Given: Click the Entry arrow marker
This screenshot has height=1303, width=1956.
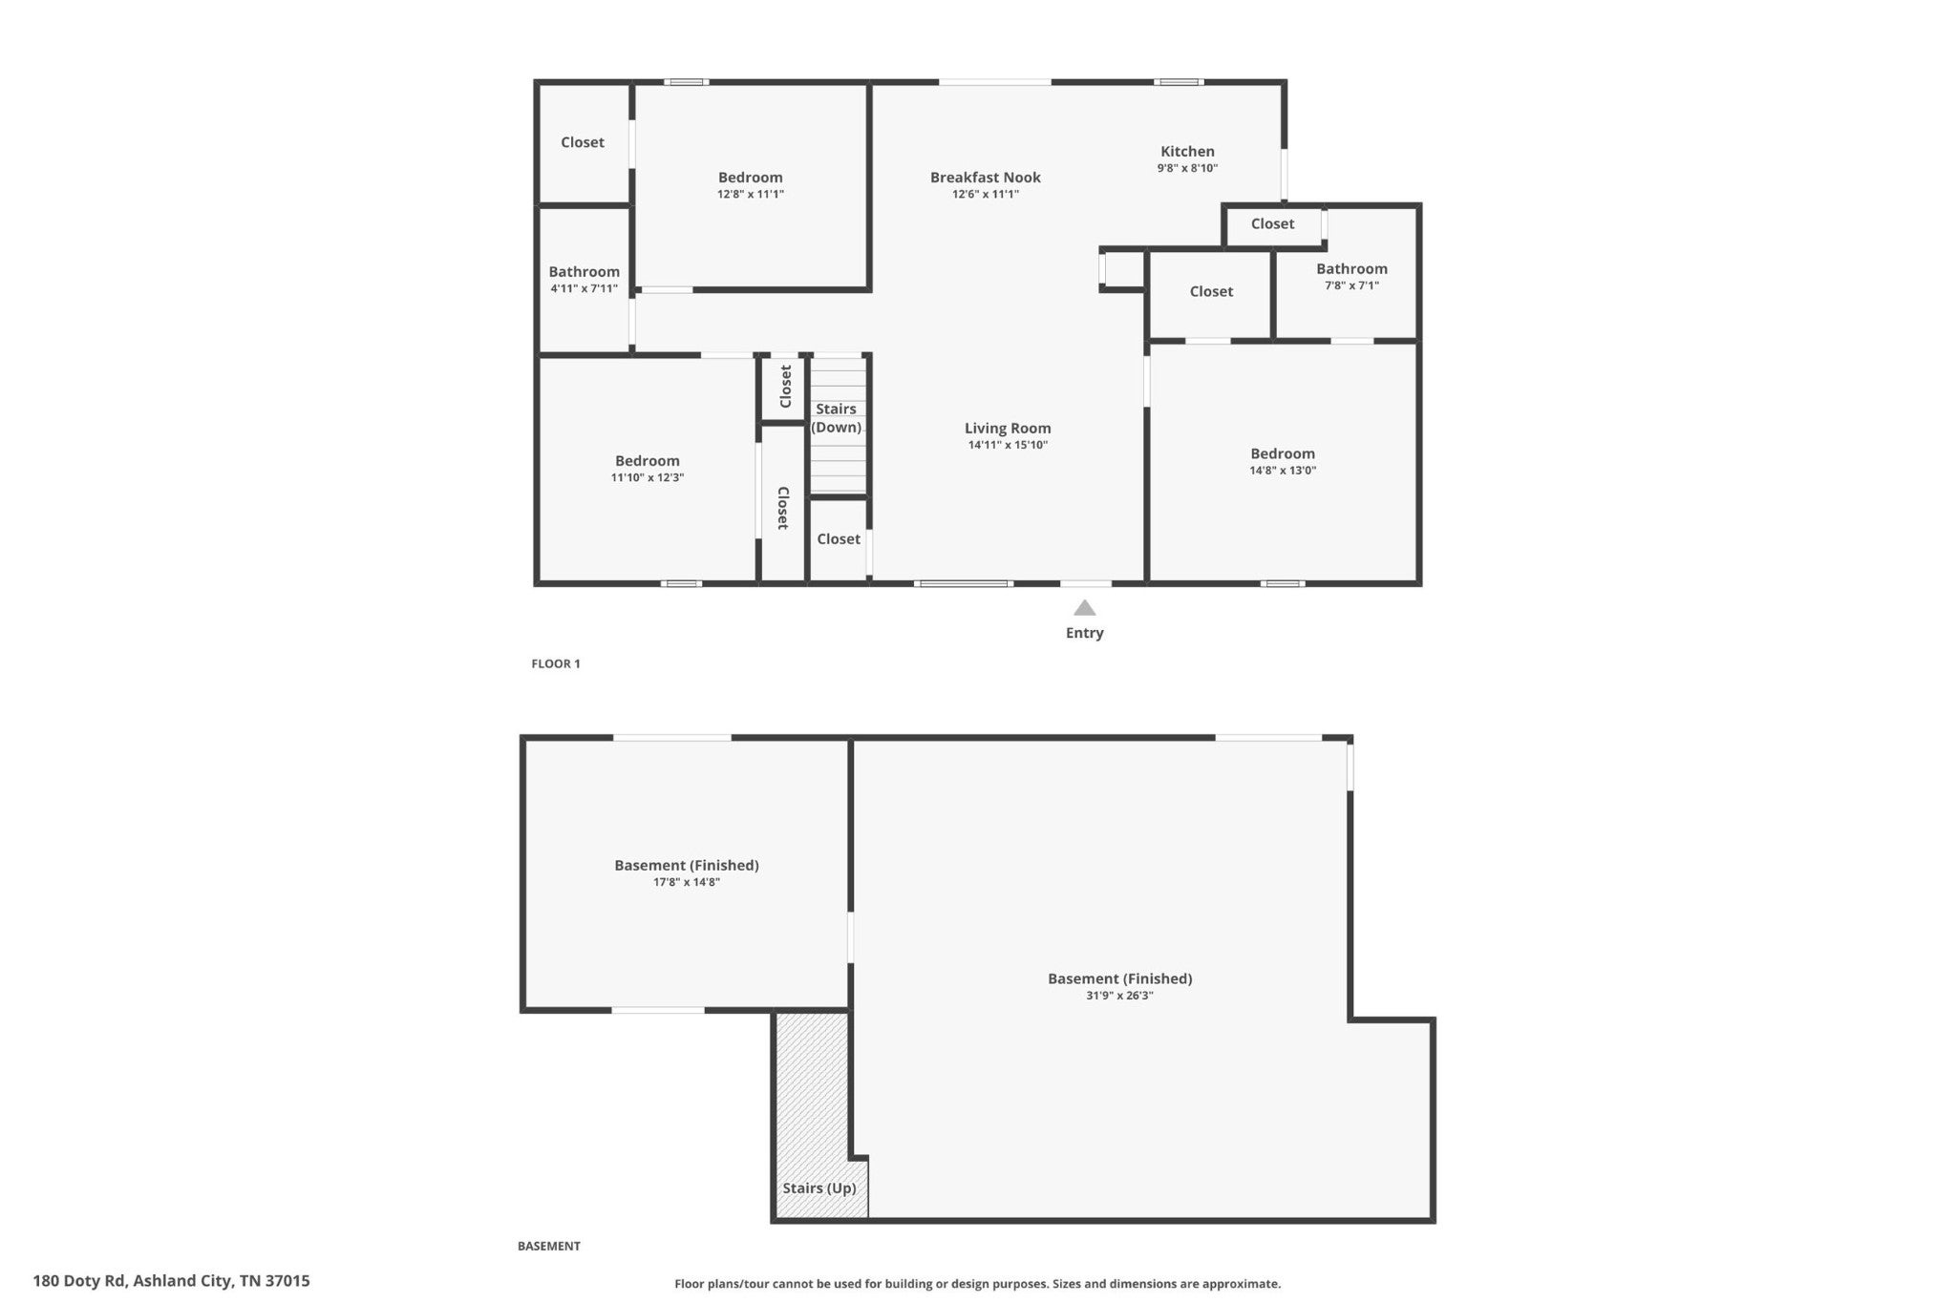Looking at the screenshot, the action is tap(1084, 607).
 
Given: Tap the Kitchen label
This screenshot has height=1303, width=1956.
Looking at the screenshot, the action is tap(1187, 151).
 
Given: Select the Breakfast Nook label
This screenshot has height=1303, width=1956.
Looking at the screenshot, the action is tap(986, 177).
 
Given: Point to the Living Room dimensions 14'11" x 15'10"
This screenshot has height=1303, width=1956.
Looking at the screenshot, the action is tap(1008, 445).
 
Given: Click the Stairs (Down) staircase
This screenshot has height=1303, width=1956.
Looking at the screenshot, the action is tap(839, 425).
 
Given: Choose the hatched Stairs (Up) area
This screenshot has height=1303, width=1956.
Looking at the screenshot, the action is tap(812, 1115).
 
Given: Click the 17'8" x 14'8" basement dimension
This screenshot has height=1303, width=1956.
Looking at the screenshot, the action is tap(687, 883).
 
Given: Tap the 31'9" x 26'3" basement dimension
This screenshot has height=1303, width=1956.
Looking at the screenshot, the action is tap(1119, 996).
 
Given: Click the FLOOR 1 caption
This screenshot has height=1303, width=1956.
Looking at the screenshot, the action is tap(556, 663).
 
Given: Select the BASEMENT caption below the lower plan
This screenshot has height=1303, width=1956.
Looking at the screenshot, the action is tap(549, 1246).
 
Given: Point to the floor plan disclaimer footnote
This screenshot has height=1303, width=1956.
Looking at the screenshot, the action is tap(978, 1284).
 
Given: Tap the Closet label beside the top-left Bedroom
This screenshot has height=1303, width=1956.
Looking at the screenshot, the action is tap(583, 142).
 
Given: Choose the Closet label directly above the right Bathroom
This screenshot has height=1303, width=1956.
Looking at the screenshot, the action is tap(1273, 223).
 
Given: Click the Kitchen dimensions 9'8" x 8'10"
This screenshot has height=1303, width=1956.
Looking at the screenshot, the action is tap(1187, 168).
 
